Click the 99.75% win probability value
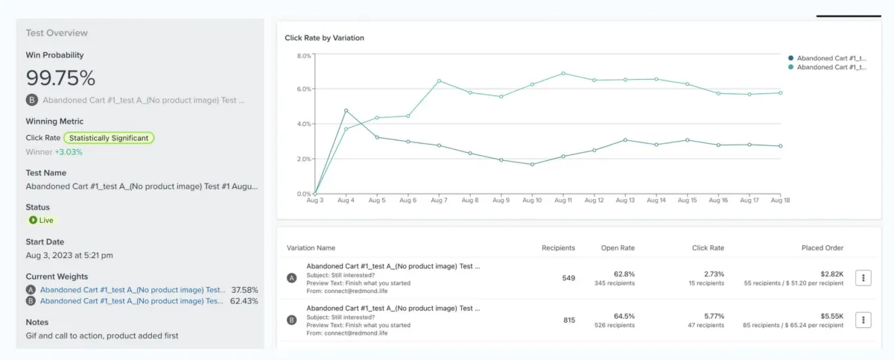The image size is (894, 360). (x=60, y=78)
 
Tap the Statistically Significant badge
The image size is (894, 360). (x=109, y=138)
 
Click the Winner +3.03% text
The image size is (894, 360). (x=54, y=152)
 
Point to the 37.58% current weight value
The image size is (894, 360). (x=244, y=290)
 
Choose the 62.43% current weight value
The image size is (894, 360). (x=244, y=301)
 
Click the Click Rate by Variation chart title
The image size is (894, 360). (x=324, y=38)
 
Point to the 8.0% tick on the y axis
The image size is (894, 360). (x=304, y=56)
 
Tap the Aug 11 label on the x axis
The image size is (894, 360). (x=563, y=201)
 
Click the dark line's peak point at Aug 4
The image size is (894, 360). (x=346, y=110)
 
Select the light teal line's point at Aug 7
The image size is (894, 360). (x=440, y=80)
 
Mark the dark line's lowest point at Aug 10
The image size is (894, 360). (x=533, y=164)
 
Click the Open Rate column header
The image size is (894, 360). (x=618, y=248)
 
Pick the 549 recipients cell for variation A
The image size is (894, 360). (x=568, y=278)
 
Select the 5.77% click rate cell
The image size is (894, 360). (x=714, y=315)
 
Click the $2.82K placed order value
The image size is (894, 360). (x=831, y=274)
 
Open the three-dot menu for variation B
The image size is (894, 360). (x=863, y=320)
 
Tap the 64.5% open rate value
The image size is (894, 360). (x=624, y=315)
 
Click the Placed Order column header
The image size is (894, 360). (x=822, y=248)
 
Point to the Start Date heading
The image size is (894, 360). (x=45, y=241)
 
